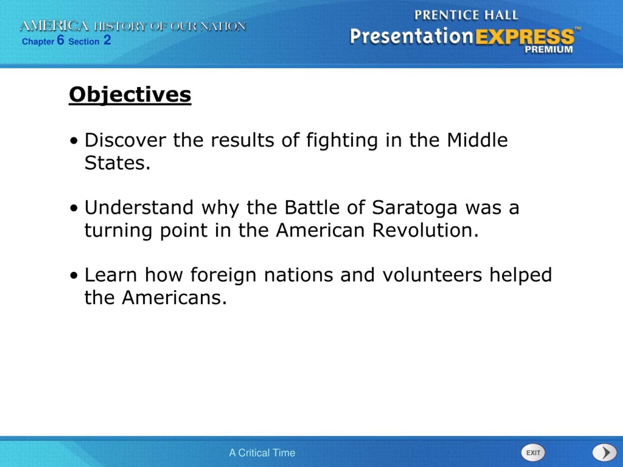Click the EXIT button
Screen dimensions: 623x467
(533, 453)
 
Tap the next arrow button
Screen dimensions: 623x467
(605, 453)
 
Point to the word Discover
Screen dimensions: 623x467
(125, 140)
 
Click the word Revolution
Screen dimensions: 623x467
(426, 230)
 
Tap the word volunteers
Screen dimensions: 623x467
(432, 275)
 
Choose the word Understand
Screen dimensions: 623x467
(139, 207)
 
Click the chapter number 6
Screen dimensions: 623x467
(61, 40)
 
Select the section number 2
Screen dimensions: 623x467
(107, 40)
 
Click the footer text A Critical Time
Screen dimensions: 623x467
(262, 453)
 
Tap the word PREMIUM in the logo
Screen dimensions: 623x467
(548, 50)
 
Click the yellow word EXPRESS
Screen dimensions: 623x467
(525, 36)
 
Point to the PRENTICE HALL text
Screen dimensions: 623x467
(466, 15)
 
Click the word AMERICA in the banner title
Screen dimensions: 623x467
(54, 26)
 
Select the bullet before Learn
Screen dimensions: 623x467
(74, 276)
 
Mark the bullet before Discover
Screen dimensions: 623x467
(74, 141)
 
